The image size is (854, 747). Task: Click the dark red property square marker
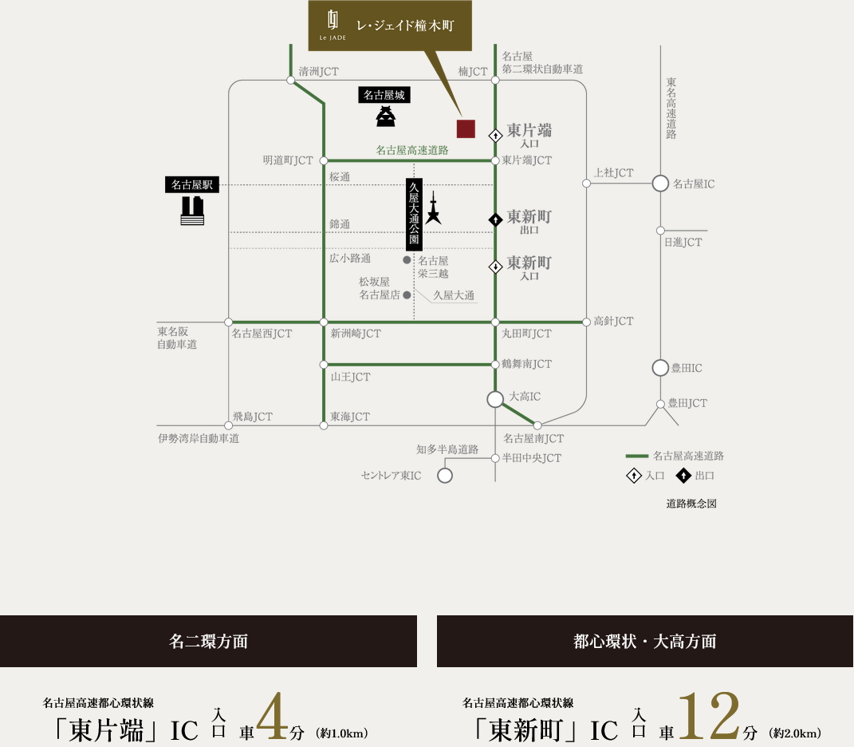(x=466, y=128)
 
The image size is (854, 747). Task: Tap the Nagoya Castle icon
(x=387, y=117)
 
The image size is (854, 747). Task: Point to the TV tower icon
(x=433, y=208)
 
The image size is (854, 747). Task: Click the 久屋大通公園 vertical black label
(x=414, y=211)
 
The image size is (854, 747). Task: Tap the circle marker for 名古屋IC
(x=660, y=184)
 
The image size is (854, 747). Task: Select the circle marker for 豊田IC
(x=660, y=368)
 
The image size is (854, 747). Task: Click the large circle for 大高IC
(x=495, y=398)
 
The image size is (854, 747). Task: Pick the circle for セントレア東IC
(x=445, y=476)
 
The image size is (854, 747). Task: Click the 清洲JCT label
(x=319, y=72)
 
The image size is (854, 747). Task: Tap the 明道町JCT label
(x=288, y=160)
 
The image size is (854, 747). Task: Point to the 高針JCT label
(x=613, y=321)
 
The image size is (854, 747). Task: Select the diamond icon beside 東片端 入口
(x=495, y=136)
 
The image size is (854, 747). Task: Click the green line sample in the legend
(x=636, y=456)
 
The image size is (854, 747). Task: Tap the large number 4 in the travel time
(x=272, y=717)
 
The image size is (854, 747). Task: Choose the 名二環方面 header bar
(x=208, y=641)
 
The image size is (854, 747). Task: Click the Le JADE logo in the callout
(x=335, y=25)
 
